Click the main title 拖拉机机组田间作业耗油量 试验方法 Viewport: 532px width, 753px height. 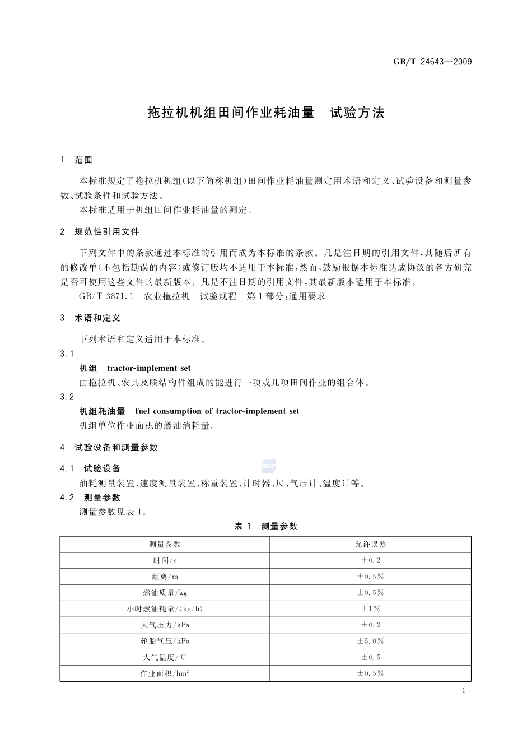tap(266, 113)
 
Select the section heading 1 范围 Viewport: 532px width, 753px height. tap(76, 160)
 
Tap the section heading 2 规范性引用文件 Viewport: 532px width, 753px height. tap(100, 232)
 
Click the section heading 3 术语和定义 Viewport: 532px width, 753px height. tap(90, 318)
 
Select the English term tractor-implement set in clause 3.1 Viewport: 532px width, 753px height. tap(148, 369)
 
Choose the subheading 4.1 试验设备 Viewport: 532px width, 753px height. tap(91, 469)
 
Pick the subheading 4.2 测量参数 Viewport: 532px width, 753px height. tap(91, 498)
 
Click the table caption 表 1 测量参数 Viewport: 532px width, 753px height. tap(266, 527)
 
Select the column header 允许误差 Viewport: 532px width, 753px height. tap(370, 545)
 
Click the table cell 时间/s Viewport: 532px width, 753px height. tap(165, 561)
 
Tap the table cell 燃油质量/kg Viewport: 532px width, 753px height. tap(165, 593)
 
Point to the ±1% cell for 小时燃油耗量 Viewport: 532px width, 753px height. tap(370, 609)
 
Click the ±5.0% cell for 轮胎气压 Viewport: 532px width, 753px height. tap(370, 641)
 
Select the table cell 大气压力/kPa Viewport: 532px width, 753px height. tap(165, 625)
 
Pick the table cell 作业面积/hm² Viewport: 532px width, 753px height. tap(165, 673)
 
